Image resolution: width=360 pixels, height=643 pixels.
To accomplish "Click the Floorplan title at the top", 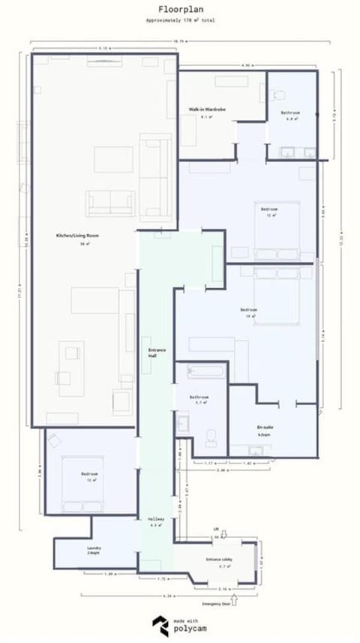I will coord(179,10).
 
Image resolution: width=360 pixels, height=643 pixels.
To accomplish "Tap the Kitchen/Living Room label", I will coord(78,236).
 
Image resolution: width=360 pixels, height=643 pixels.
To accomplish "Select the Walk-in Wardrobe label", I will coord(208,110).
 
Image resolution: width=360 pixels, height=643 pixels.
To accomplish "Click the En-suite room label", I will coord(263,428).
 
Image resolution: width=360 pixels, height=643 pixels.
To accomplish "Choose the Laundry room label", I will coord(94,548).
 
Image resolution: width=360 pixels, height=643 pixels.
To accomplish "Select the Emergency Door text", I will coord(214,603).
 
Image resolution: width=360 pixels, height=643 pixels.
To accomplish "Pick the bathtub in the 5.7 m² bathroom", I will coord(203,371).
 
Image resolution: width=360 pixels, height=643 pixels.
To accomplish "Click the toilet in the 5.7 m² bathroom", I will coord(211,437).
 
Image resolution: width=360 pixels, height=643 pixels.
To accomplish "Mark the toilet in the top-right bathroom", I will coord(280,95).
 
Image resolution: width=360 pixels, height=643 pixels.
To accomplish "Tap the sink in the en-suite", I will coord(256,452).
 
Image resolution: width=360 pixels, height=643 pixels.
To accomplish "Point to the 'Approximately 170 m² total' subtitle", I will coord(180,20).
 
